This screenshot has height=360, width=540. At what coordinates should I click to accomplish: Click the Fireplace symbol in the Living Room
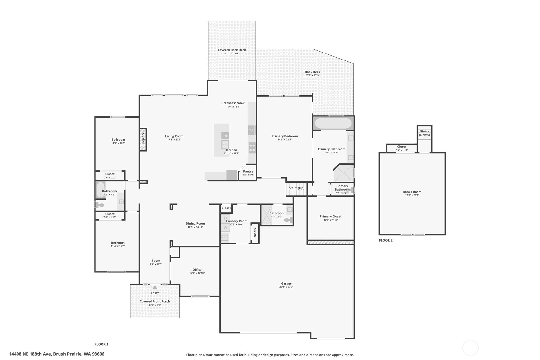pyautogui.click(x=143, y=139)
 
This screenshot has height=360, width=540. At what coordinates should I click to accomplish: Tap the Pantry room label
pyautogui.click(x=248, y=171)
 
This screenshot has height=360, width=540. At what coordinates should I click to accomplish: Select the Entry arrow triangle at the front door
pyautogui.click(x=155, y=287)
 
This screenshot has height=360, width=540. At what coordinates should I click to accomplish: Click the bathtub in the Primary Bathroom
pyautogui.click(x=333, y=123)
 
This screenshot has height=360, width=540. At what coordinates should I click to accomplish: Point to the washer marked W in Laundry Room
pyautogui.click(x=225, y=227)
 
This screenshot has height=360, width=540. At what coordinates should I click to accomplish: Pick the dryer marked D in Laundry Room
pyautogui.click(x=225, y=218)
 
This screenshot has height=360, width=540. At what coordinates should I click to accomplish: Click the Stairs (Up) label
pyautogui.click(x=296, y=188)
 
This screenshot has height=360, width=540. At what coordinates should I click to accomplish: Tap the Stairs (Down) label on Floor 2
pyautogui.click(x=424, y=133)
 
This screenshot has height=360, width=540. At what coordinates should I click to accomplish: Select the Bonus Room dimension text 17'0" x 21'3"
pyautogui.click(x=412, y=195)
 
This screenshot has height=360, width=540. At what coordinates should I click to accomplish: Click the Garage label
pyautogui.click(x=286, y=283)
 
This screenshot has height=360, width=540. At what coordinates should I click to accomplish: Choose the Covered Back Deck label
pyautogui.click(x=232, y=50)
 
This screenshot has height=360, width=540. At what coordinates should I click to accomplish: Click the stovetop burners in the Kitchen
pyautogui.click(x=252, y=148)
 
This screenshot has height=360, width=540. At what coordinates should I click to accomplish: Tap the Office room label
pyautogui.click(x=197, y=270)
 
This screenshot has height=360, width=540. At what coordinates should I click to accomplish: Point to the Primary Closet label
pyautogui.click(x=331, y=216)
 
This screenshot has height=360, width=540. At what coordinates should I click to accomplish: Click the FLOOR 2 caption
pyautogui.click(x=386, y=240)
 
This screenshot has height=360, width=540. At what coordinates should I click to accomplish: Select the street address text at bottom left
pyautogui.click(x=57, y=354)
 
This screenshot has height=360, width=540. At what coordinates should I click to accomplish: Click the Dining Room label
pyautogui.click(x=195, y=223)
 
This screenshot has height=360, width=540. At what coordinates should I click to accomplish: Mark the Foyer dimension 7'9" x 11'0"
pyautogui.click(x=156, y=264)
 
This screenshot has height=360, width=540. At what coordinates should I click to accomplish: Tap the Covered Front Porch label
pyautogui.click(x=155, y=301)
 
